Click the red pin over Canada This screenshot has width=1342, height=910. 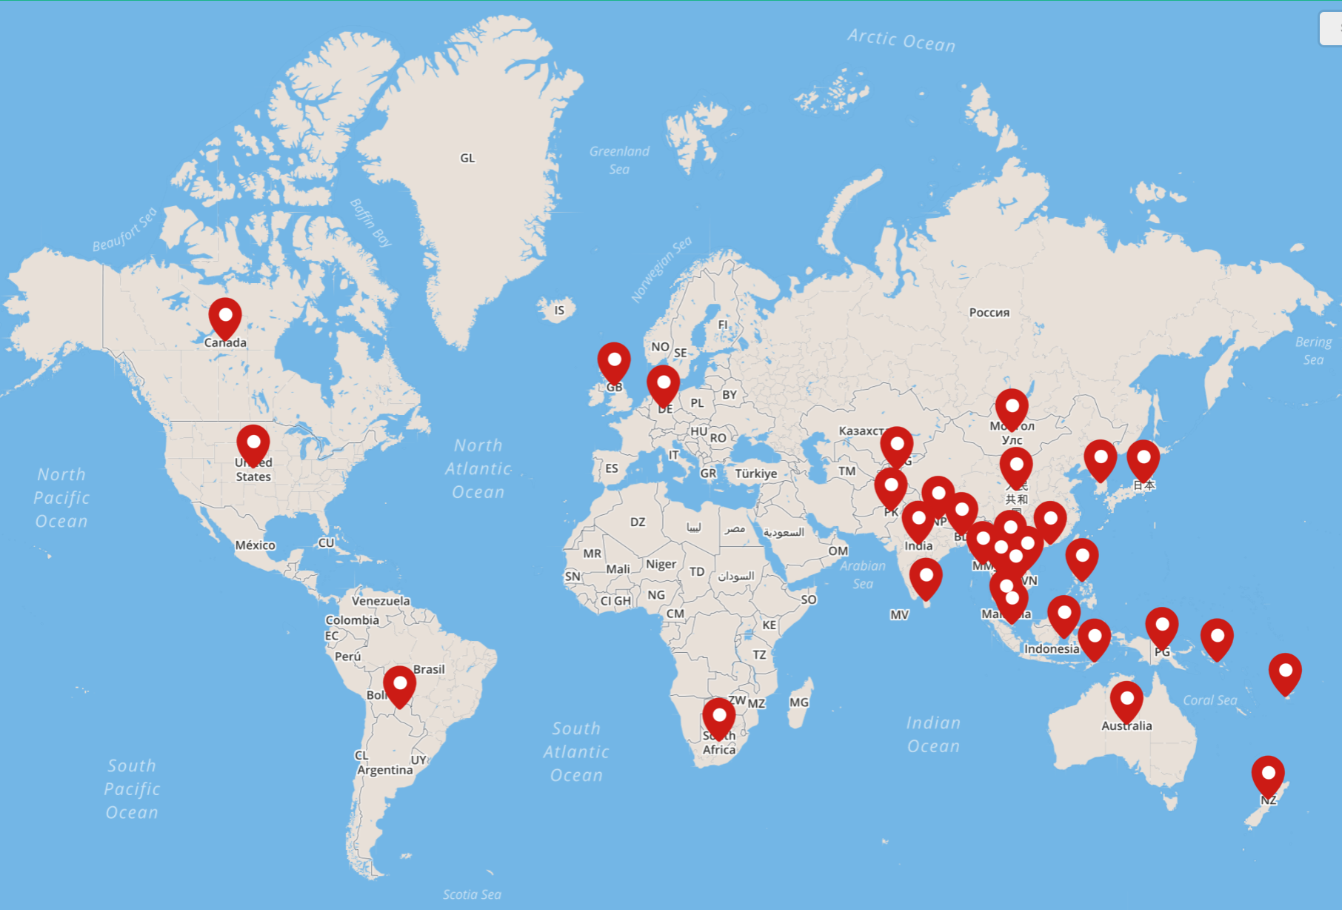point(225,316)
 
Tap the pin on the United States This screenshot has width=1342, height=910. point(253,443)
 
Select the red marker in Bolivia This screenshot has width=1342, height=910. point(399,684)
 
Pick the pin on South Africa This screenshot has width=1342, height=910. point(718,716)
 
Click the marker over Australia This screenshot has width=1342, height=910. point(1126,700)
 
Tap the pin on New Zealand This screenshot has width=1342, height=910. point(1268,774)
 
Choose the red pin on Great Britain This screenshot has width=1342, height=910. point(614,361)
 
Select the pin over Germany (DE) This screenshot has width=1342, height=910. point(663,383)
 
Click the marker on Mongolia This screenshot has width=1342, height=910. point(1012,407)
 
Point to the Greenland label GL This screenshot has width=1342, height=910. point(467,158)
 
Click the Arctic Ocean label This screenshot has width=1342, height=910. point(901,40)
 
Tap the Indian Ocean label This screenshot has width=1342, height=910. point(933,734)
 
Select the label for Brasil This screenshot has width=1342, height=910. point(429,669)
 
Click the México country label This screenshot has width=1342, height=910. point(255,545)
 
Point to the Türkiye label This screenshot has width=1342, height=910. point(755,474)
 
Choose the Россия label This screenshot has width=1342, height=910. point(989,313)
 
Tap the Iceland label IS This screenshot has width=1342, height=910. point(559,310)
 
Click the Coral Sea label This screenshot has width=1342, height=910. point(1209,700)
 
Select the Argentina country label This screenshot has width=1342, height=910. point(385,770)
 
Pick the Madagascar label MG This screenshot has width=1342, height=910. point(798,702)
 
